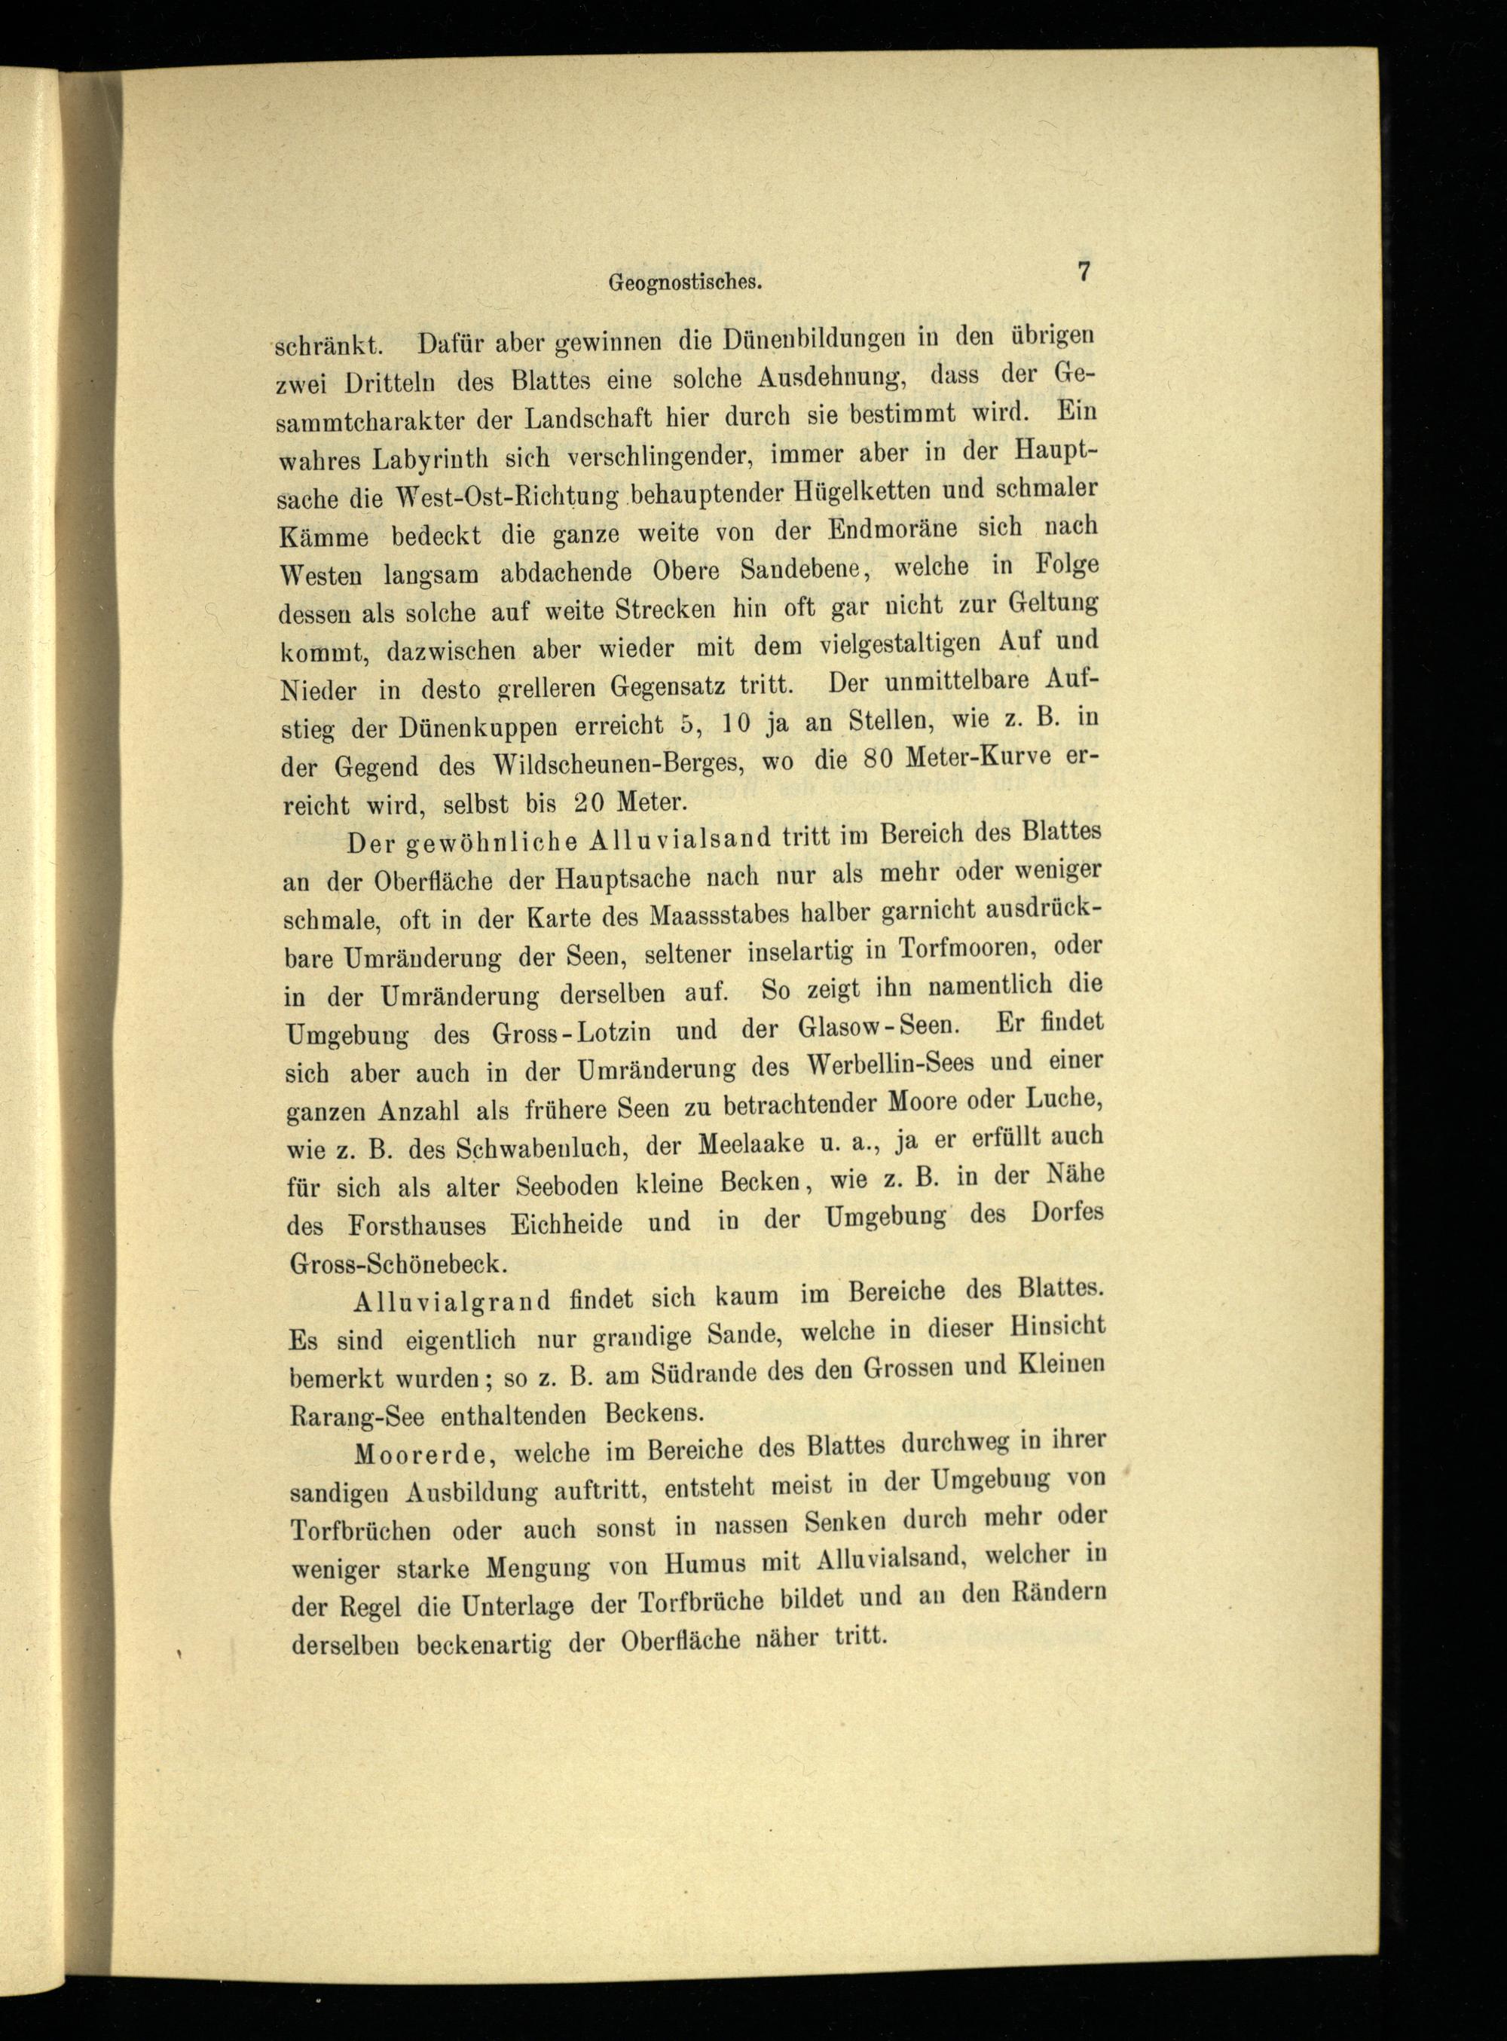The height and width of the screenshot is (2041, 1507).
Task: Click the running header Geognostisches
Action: tap(684, 283)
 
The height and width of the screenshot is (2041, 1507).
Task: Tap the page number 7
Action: tap(1084, 272)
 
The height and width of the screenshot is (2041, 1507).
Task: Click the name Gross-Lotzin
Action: tap(571, 1033)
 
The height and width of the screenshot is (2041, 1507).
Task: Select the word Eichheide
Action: tap(567, 1224)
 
